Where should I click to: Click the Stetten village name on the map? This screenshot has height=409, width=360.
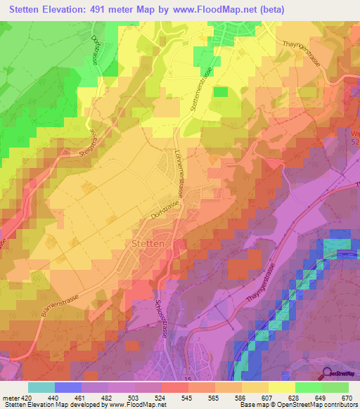tap(148, 242)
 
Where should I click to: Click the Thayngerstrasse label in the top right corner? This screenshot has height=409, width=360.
tap(301, 51)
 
